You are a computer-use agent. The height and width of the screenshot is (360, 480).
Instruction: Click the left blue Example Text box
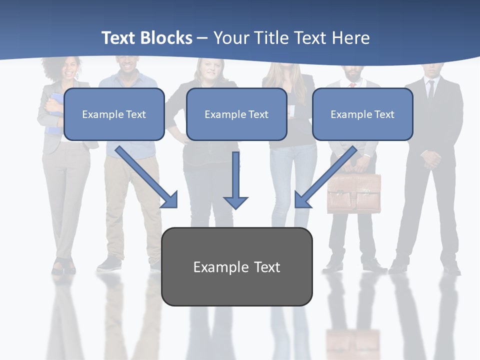pos(114,114)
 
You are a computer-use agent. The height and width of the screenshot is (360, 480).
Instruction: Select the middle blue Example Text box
pos(236,114)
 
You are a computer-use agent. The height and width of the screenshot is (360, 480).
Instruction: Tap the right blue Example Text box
pos(362,114)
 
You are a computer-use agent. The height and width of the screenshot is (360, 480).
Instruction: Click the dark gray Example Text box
pos(236,266)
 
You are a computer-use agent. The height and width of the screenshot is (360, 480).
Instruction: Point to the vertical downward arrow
pos(235,180)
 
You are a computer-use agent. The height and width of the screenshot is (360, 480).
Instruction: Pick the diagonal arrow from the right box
pos(325,177)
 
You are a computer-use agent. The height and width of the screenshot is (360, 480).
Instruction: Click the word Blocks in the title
pos(168,38)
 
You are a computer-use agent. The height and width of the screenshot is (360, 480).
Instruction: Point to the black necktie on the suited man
pos(430,89)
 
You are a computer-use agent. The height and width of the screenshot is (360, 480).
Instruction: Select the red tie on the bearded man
pos(352,85)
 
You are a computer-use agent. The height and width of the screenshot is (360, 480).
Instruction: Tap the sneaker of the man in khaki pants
pos(109,264)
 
